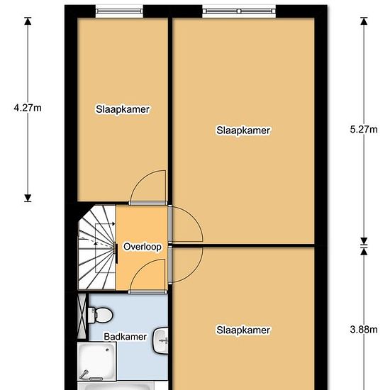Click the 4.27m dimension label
[28, 108]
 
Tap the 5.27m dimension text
[364, 130]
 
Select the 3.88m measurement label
[364, 330]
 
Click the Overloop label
[143, 247]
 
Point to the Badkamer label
[125, 337]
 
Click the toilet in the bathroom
[100, 315]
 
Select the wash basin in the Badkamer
[160, 341]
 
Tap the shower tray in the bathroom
[96, 362]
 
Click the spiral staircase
[97, 247]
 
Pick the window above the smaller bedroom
[119, 11]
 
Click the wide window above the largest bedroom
[239, 11]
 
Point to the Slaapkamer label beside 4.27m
[123, 109]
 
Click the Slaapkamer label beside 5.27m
[243, 130]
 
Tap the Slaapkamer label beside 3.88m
[243, 330]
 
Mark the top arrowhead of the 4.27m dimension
[28, 21]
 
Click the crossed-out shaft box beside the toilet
[82, 316]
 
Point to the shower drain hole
[108, 350]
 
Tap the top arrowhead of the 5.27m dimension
[364, 21]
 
